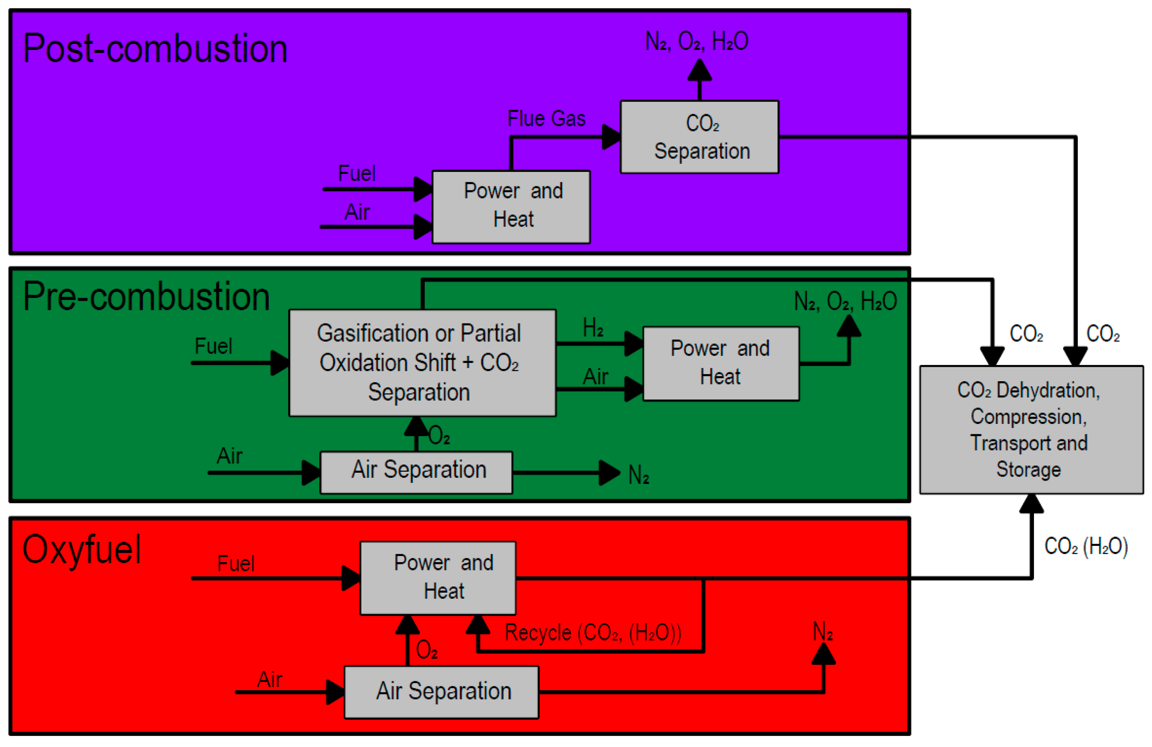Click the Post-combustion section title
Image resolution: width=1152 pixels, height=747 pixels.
pos(155,48)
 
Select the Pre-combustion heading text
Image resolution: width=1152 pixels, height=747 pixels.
pos(146,297)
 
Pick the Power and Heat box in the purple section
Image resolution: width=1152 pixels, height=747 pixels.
pos(511,207)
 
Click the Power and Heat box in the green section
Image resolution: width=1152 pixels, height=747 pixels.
pos(720,363)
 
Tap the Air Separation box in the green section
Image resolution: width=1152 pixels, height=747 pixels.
pos(416,472)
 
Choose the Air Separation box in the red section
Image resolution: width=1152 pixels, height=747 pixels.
pos(441,692)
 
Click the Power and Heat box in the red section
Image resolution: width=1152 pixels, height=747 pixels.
pos(438,578)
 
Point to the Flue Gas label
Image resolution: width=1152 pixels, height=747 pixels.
pos(546,119)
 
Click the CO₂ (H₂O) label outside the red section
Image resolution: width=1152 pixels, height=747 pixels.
pos(1086,546)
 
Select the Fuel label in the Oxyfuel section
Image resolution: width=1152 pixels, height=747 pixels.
pos(236,564)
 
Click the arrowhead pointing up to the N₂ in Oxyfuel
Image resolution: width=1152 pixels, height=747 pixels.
pos(823,654)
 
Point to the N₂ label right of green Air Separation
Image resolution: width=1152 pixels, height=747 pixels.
pos(638,475)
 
